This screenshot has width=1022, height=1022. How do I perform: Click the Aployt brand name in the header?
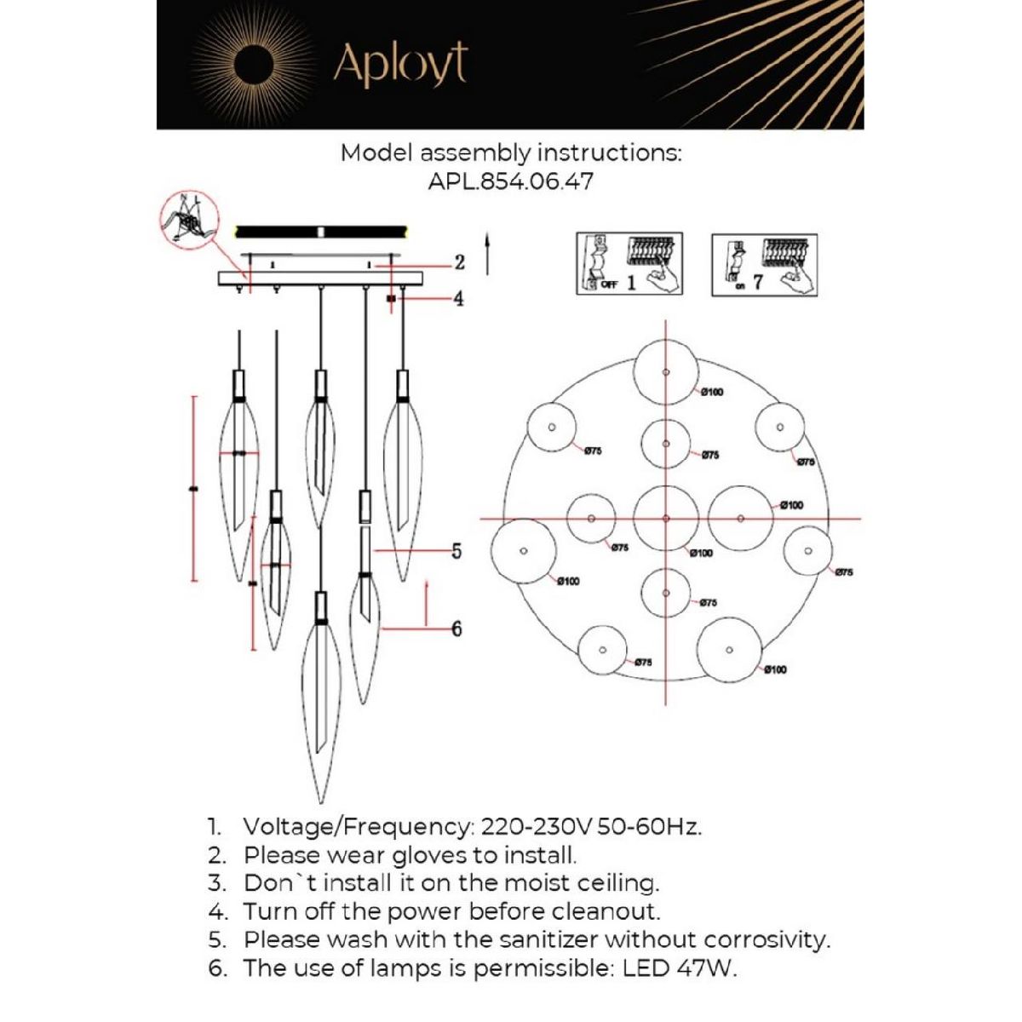click(400, 64)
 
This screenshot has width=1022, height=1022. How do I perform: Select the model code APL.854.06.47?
click(511, 181)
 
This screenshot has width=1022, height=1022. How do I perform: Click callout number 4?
click(458, 299)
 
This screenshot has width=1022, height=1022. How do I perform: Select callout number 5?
click(456, 551)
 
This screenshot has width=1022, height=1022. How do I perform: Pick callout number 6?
click(456, 629)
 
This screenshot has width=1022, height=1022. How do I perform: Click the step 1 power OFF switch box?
click(629, 263)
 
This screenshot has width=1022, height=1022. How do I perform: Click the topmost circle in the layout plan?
click(666, 371)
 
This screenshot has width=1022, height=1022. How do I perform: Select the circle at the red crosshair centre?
click(666, 518)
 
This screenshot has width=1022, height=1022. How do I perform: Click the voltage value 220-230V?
click(537, 827)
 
